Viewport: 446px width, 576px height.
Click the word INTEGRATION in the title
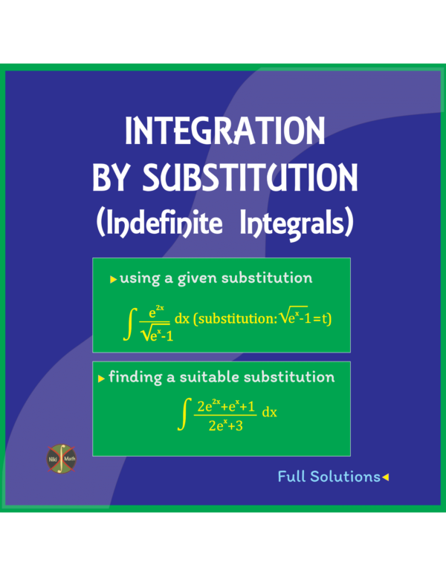[224, 131]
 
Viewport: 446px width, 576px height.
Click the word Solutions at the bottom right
[345, 477]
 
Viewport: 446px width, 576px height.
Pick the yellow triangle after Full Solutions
[385, 477]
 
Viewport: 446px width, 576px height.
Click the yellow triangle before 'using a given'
[113, 280]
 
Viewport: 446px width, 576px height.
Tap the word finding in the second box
[135, 377]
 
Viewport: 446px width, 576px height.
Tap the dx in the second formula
[269, 413]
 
